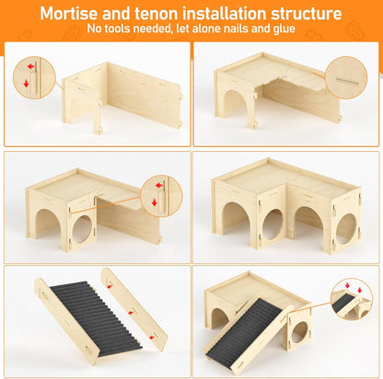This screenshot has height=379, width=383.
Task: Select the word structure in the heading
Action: [303, 14]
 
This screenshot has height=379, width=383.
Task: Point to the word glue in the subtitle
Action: [283, 29]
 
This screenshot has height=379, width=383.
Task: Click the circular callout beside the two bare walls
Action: [33, 77]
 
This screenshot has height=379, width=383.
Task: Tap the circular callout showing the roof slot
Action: [346, 76]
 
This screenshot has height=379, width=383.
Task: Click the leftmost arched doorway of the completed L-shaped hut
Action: [235, 222]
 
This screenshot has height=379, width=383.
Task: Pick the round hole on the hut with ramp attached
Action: [299, 332]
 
